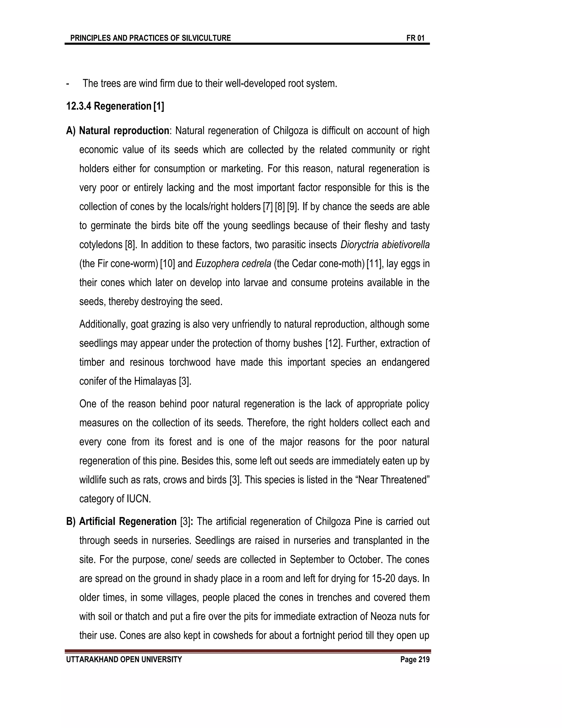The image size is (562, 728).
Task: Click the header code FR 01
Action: point(415,38)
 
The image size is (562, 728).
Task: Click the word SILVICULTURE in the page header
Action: point(206,38)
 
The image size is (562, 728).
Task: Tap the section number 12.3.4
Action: point(79,106)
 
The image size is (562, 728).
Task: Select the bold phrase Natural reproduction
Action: point(124,131)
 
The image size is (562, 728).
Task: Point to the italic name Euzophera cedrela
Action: point(233,264)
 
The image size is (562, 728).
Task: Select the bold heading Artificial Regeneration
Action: point(128,521)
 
